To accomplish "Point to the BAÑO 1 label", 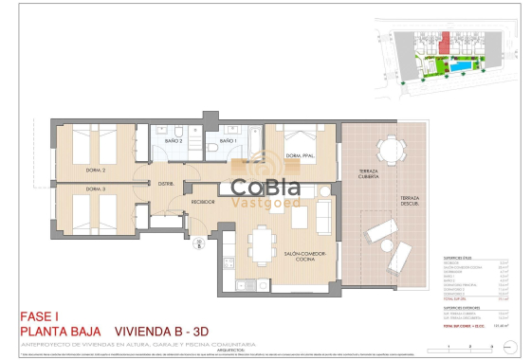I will [229, 141].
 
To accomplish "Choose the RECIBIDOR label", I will [204, 202].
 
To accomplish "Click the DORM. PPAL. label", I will [302, 157].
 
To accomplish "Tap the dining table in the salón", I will [261, 244].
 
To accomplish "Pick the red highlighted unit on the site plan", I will [445, 42].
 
